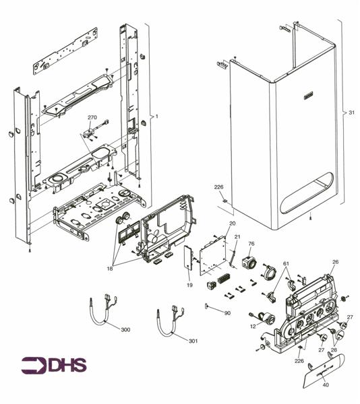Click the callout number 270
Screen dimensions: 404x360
[92, 117]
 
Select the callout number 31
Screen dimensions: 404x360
[351, 112]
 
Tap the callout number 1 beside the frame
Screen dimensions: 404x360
[156, 116]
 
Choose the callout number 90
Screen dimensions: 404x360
[227, 313]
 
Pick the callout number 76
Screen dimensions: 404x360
[251, 244]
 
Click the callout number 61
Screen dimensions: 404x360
[285, 263]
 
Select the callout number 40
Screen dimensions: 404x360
[325, 386]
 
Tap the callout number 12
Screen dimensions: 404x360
[252, 327]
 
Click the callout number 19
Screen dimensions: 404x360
[189, 285]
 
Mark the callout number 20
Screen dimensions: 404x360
[232, 223]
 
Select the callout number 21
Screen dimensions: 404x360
[237, 237]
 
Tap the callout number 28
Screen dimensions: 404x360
[334, 350]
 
